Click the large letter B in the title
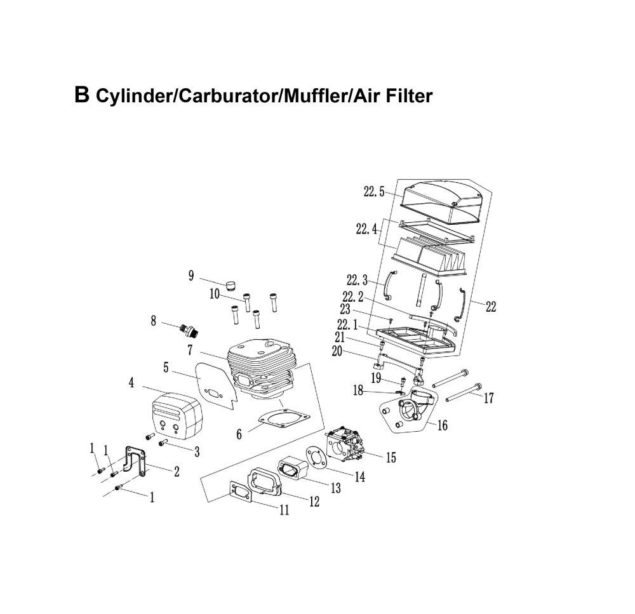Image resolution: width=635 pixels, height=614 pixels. pyautogui.click(x=82, y=95)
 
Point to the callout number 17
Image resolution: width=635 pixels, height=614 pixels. pyautogui.click(x=488, y=398)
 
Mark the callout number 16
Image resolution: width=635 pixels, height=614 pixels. pyautogui.click(x=442, y=425)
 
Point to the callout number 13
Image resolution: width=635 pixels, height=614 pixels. pyautogui.click(x=335, y=488)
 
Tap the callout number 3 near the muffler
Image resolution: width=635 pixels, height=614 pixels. pyautogui.click(x=197, y=451)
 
